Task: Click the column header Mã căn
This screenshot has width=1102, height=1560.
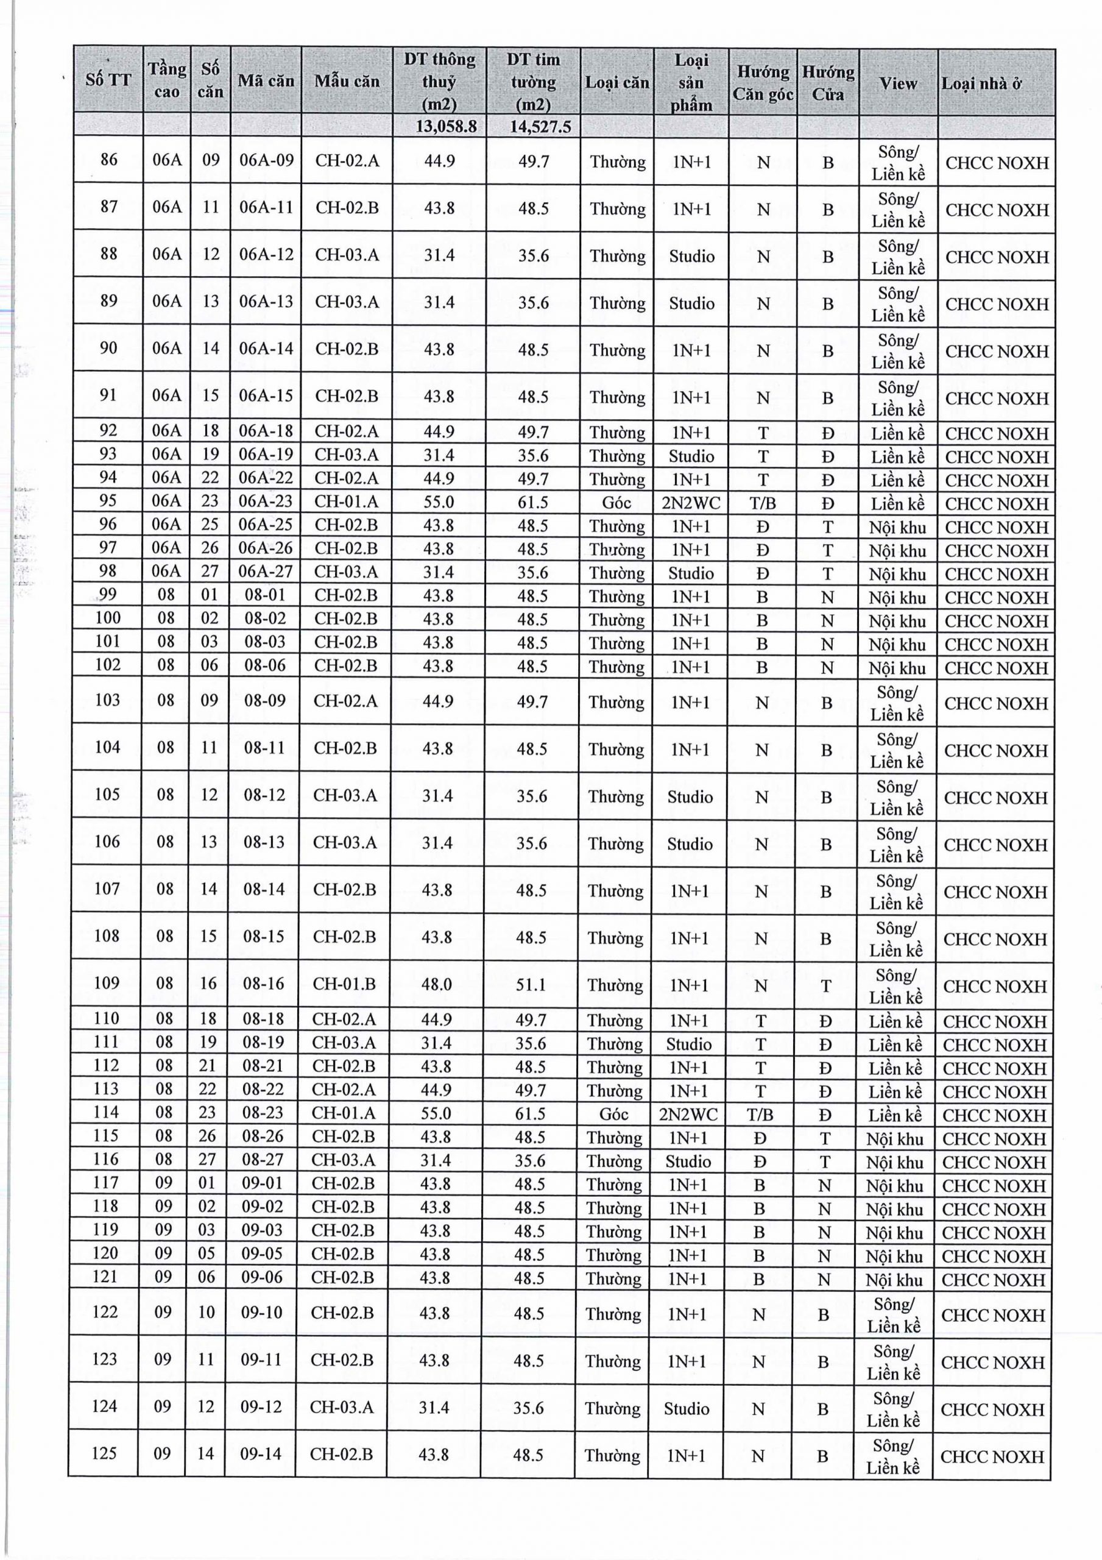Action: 266,81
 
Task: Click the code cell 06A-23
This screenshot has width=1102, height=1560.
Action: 266,502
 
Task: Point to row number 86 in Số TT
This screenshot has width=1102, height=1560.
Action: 108,160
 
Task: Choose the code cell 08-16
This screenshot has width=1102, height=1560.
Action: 264,983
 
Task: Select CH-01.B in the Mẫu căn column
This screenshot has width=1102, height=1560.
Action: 344,984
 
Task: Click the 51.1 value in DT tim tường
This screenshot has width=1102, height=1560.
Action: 531,985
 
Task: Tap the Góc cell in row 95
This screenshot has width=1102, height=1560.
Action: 616,503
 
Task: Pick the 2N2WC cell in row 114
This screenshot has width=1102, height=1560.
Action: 688,1115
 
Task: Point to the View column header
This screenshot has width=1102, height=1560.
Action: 897,83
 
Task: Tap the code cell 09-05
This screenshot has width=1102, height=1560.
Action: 261,1253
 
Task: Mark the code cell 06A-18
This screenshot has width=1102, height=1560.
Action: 266,431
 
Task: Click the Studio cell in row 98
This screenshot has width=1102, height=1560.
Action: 691,573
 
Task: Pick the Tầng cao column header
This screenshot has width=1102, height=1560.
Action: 167,80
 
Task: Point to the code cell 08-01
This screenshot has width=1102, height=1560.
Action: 265,595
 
